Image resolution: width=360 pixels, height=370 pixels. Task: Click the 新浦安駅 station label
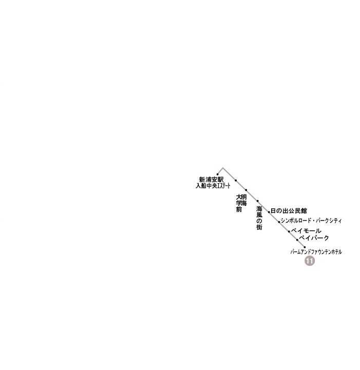pyautogui.click(x=211, y=180)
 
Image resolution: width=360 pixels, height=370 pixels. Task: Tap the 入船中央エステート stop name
pyautogui.click(x=213, y=186)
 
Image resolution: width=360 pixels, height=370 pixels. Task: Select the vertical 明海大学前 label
pyautogui.click(x=241, y=203)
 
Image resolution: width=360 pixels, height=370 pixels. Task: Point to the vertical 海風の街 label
pyautogui.click(x=259, y=218)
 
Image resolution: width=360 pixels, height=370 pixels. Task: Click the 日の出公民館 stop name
pyautogui.click(x=289, y=211)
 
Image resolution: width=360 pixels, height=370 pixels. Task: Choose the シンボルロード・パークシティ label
pyautogui.click(x=311, y=221)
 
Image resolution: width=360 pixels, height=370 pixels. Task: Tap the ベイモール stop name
pyautogui.click(x=306, y=231)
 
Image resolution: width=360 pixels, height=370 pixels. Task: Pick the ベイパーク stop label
pyautogui.click(x=314, y=238)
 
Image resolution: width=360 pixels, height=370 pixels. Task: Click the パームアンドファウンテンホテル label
pyautogui.click(x=316, y=252)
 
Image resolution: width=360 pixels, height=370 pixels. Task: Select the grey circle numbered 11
pyautogui.click(x=310, y=261)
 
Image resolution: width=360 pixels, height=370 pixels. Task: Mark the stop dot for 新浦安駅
pyautogui.click(x=217, y=174)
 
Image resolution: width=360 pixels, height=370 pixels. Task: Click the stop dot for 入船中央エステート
pyautogui.click(x=236, y=181)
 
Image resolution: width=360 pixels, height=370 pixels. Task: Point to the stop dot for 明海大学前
pyautogui.click(x=246, y=190)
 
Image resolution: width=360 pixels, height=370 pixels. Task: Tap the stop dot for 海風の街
pyautogui.click(x=258, y=201)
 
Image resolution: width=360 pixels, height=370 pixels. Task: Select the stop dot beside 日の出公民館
pyautogui.click(x=269, y=212)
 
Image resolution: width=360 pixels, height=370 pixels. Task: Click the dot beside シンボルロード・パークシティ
pyautogui.click(x=279, y=222)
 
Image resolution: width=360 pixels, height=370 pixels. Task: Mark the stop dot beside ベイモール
pyautogui.click(x=289, y=231)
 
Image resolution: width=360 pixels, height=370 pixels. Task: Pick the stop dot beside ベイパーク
pyautogui.click(x=297, y=240)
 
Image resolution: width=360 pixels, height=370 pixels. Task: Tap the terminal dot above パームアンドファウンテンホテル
pyautogui.click(x=305, y=247)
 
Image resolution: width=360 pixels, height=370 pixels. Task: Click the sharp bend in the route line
pyautogui.click(x=223, y=168)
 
